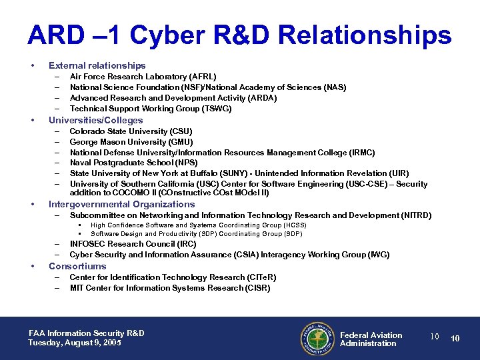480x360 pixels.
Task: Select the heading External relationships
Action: tap(97, 65)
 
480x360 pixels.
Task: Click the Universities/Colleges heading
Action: tap(95, 120)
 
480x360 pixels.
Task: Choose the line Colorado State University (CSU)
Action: tap(131, 131)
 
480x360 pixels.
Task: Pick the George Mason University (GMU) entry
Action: tap(131, 142)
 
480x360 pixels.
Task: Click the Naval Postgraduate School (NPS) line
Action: tap(133, 163)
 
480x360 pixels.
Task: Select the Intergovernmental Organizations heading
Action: tap(121, 205)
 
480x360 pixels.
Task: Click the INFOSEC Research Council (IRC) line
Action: tap(133, 244)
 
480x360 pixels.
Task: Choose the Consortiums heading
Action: tap(77, 266)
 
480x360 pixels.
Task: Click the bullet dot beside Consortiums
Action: tap(33, 267)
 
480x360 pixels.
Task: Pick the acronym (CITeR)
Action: tap(261, 277)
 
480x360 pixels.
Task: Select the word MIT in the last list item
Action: tap(77, 288)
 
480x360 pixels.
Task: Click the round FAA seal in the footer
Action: tap(317, 339)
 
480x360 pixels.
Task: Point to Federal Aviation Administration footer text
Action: tap(371, 339)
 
